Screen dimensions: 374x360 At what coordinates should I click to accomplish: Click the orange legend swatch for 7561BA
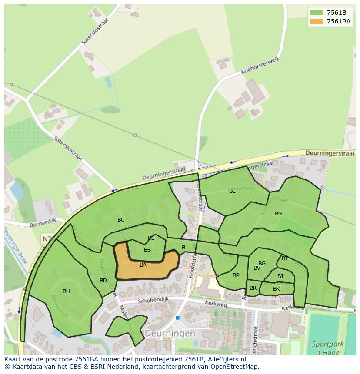316,21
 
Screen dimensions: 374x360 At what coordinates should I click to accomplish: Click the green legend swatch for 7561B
316,13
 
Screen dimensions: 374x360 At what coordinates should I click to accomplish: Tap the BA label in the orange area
143,265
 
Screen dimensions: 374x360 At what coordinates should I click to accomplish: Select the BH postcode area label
66,291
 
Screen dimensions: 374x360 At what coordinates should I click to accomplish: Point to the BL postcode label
232,191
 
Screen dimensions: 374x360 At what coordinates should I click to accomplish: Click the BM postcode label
279,214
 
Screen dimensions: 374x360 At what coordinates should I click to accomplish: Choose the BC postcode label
121,220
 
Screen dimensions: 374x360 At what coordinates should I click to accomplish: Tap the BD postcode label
103,281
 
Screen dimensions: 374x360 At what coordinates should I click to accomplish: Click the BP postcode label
236,275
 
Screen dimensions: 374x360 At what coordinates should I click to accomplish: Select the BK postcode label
277,289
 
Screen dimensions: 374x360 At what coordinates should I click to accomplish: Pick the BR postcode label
253,288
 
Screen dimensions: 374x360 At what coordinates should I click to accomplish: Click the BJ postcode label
280,276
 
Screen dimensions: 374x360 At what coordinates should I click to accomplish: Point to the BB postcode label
147,250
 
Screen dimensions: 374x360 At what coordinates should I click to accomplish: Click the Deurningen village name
170,333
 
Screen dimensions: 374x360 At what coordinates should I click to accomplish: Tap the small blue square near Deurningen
177,318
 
